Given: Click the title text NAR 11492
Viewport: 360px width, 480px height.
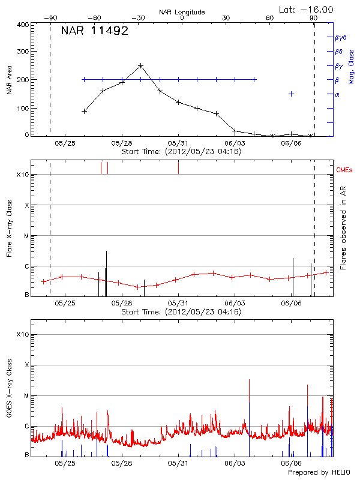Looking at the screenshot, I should tap(94, 31).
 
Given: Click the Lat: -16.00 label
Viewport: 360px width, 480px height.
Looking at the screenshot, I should tap(307, 9).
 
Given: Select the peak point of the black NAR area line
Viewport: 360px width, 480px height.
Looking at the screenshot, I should tap(140, 65).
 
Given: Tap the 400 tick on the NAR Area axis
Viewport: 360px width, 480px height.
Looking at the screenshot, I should tap(23, 25).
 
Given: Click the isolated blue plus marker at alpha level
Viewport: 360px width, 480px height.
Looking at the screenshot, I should tap(291, 94).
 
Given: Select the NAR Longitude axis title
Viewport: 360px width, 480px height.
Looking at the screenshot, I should tap(182, 12).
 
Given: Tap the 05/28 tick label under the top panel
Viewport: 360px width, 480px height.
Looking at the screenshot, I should tap(122, 143).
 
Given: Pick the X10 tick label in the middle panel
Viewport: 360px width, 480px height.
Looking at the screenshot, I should tap(23, 175).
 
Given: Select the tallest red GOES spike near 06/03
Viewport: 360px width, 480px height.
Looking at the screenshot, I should tap(248, 380).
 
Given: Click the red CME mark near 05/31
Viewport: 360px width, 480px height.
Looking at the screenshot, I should tap(178, 167).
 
